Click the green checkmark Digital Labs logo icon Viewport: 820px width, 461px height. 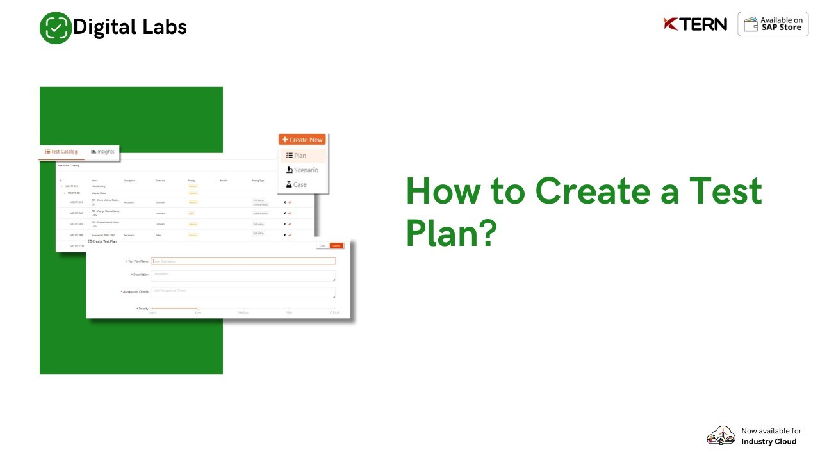pyautogui.click(x=56, y=28)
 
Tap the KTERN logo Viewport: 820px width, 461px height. pyautogui.click(x=695, y=24)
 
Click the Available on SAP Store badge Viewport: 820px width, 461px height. pyautogui.click(x=773, y=24)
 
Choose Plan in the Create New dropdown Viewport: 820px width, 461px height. pyautogui.click(x=297, y=156)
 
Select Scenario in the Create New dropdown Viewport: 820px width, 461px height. pyautogui.click(x=302, y=170)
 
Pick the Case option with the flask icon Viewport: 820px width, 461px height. pyautogui.click(x=297, y=184)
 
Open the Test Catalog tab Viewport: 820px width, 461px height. pyautogui.click(x=61, y=152)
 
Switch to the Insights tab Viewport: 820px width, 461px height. pyautogui.click(x=102, y=152)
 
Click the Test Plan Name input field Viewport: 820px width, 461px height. pyautogui.click(x=243, y=261)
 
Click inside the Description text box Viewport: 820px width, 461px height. pyautogui.click(x=243, y=275)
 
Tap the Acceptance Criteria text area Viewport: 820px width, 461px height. pyautogui.click(x=243, y=292)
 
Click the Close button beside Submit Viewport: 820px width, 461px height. pyautogui.click(x=323, y=246)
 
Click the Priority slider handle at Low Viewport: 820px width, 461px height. pyautogui.click(x=198, y=309)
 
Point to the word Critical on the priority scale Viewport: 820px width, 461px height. pyautogui.click(x=334, y=312)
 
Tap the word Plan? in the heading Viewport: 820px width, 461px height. pyautogui.click(x=452, y=233)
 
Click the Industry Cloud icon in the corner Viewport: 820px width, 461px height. pyautogui.click(x=721, y=436)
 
